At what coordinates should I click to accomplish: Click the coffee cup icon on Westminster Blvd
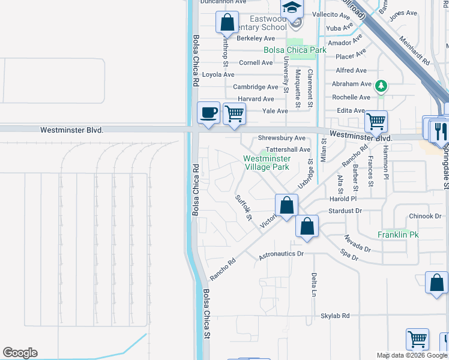(x=208, y=113)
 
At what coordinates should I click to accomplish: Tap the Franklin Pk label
(x=397, y=235)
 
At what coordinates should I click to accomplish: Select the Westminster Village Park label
(x=267, y=163)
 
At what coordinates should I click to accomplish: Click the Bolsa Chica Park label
(x=295, y=50)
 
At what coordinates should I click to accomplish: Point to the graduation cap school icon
(x=292, y=8)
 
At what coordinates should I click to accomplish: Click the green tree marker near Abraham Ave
(x=381, y=86)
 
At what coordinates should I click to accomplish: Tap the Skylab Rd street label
(x=335, y=316)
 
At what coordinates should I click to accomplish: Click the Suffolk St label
(x=243, y=208)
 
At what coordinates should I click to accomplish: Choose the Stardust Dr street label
(x=346, y=211)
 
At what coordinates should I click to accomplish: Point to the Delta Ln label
(x=314, y=284)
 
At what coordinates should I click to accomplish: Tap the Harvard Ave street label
(x=256, y=99)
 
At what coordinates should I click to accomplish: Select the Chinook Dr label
(x=425, y=216)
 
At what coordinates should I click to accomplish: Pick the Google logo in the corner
(x=20, y=353)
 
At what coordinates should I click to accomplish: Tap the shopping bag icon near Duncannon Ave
(x=228, y=23)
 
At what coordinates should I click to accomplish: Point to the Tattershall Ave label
(x=288, y=149)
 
